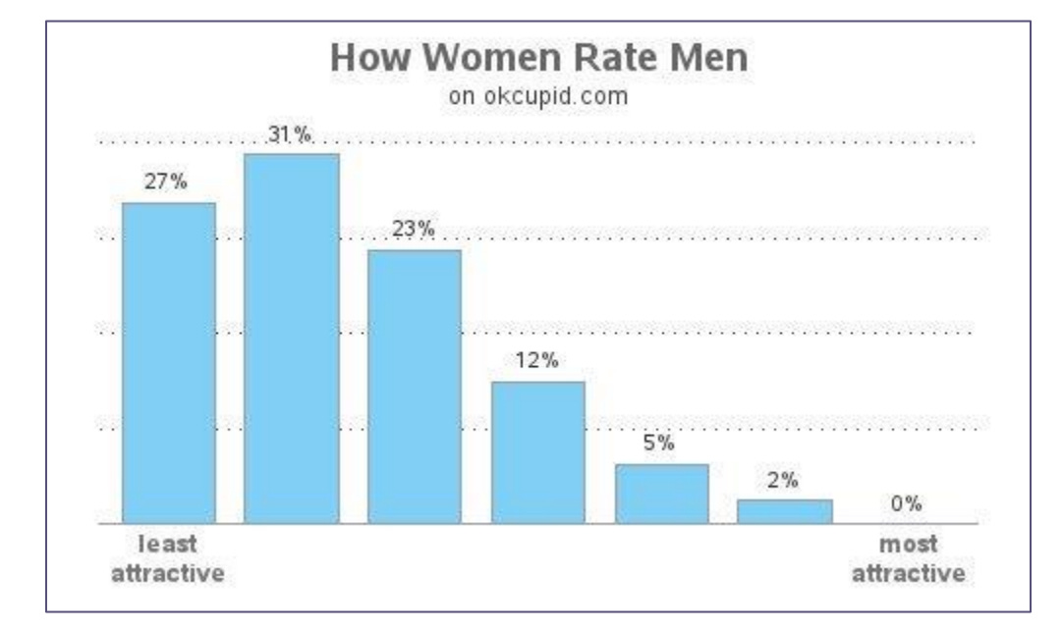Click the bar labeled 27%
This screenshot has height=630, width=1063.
[168, 362]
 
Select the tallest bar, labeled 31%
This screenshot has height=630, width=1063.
[292, 338]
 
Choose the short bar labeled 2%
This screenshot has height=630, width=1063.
[785, 511]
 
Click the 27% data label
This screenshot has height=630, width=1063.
[168, 182]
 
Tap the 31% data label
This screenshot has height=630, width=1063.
[292, 134]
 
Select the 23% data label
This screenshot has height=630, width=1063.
[414, 229]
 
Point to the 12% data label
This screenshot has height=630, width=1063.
[538, 361]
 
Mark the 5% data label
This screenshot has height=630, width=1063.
[659, 443]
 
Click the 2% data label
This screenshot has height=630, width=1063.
[783, 480]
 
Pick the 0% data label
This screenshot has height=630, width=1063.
[907, 503]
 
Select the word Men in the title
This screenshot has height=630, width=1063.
[705, 58]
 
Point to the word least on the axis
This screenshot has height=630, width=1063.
[168, 543]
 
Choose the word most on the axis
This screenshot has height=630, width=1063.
[908, 543]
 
